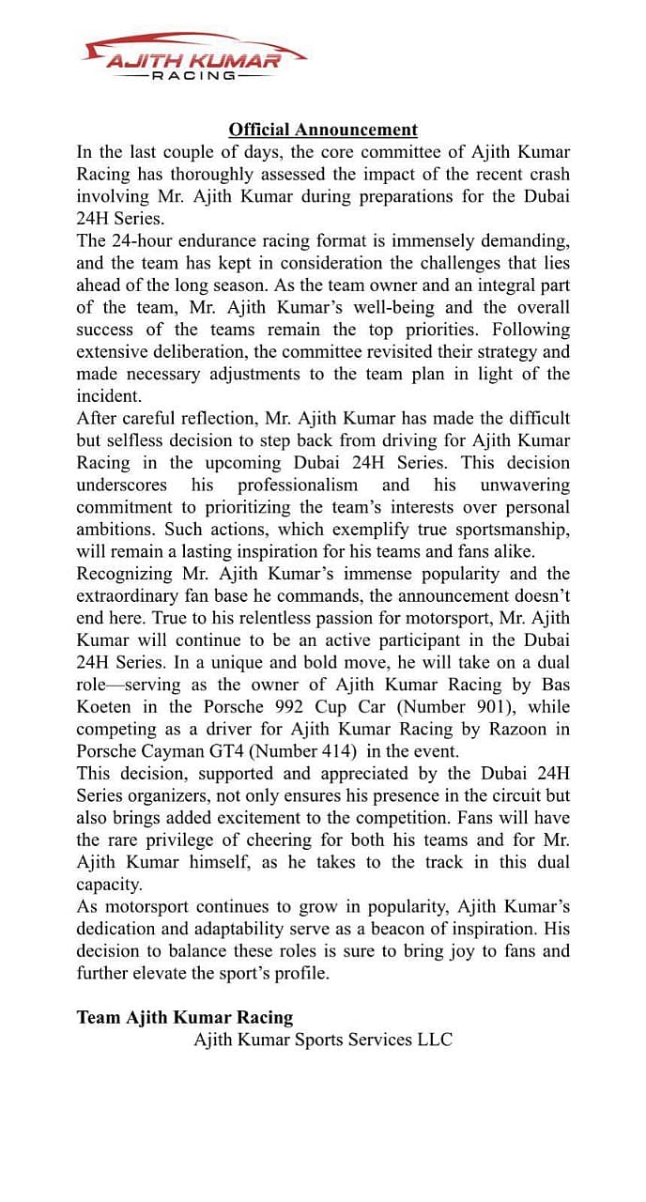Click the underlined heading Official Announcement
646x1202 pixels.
(x=323, y=130)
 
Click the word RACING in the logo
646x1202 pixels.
(x=194, y=75)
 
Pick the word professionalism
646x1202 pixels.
(x=298, y=485)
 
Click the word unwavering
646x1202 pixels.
(x=525, y=485)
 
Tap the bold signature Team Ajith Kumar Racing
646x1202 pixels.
(x=185, y=1017)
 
